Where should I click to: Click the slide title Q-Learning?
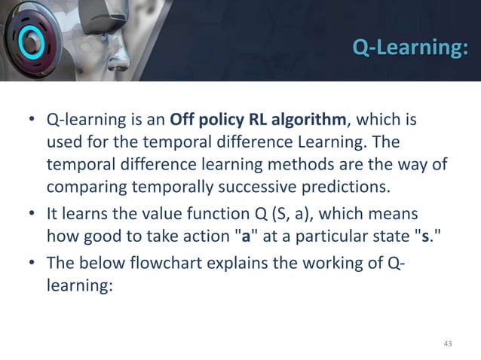(x=409, y=50)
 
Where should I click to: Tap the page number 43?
(x=449, y=344)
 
